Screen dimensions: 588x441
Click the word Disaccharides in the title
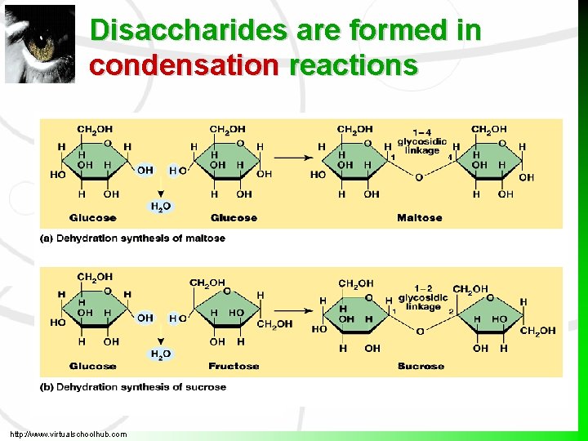[x=189, y=30]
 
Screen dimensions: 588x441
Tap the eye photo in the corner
[x=39, y=44]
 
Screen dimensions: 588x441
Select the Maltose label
[x=419, y=218]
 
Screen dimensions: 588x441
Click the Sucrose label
[x=421, y=366]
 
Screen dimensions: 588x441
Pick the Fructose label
[x=234, y=366]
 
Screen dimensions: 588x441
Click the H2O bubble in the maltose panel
[x=161, y=207]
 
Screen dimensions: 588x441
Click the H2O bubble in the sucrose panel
[x=161, y=354]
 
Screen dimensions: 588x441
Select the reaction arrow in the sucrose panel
[x=292, y=310]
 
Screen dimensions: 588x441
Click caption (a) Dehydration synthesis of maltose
[x=132, y=238]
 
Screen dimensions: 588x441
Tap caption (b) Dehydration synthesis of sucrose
[x=132, y=386]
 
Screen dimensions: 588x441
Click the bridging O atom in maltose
[x=419, y=177]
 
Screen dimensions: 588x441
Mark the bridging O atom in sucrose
[x=420, y=331]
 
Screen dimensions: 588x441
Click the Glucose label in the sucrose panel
[x=92, y=366]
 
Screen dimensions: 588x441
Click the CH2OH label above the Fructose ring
[x=207, y=283]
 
